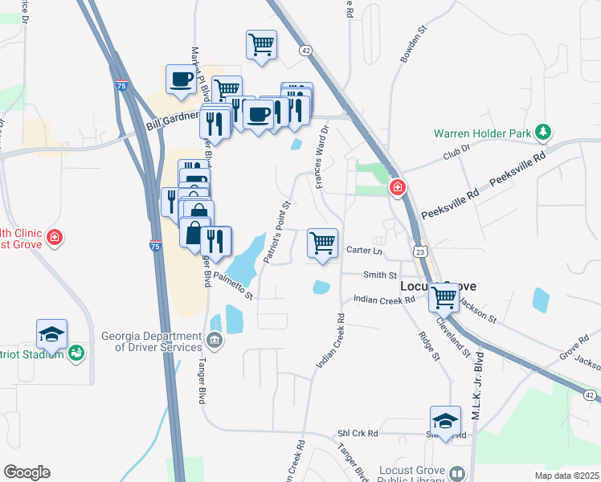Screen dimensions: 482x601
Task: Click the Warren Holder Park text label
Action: [484, 133]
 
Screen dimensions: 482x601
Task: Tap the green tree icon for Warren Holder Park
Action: [544, 131]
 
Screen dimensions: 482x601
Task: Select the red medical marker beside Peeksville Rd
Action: [397, 188]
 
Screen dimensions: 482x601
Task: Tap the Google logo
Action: [27, 472]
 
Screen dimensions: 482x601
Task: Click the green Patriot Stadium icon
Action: [77, 352]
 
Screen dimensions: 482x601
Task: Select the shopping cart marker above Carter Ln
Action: [323, 243]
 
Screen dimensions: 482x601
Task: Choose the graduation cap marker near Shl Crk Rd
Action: [446, 420]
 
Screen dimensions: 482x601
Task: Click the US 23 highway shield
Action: [420, 252]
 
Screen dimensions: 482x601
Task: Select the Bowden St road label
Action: [411, 47]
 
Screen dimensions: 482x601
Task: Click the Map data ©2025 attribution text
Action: [567, 476]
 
